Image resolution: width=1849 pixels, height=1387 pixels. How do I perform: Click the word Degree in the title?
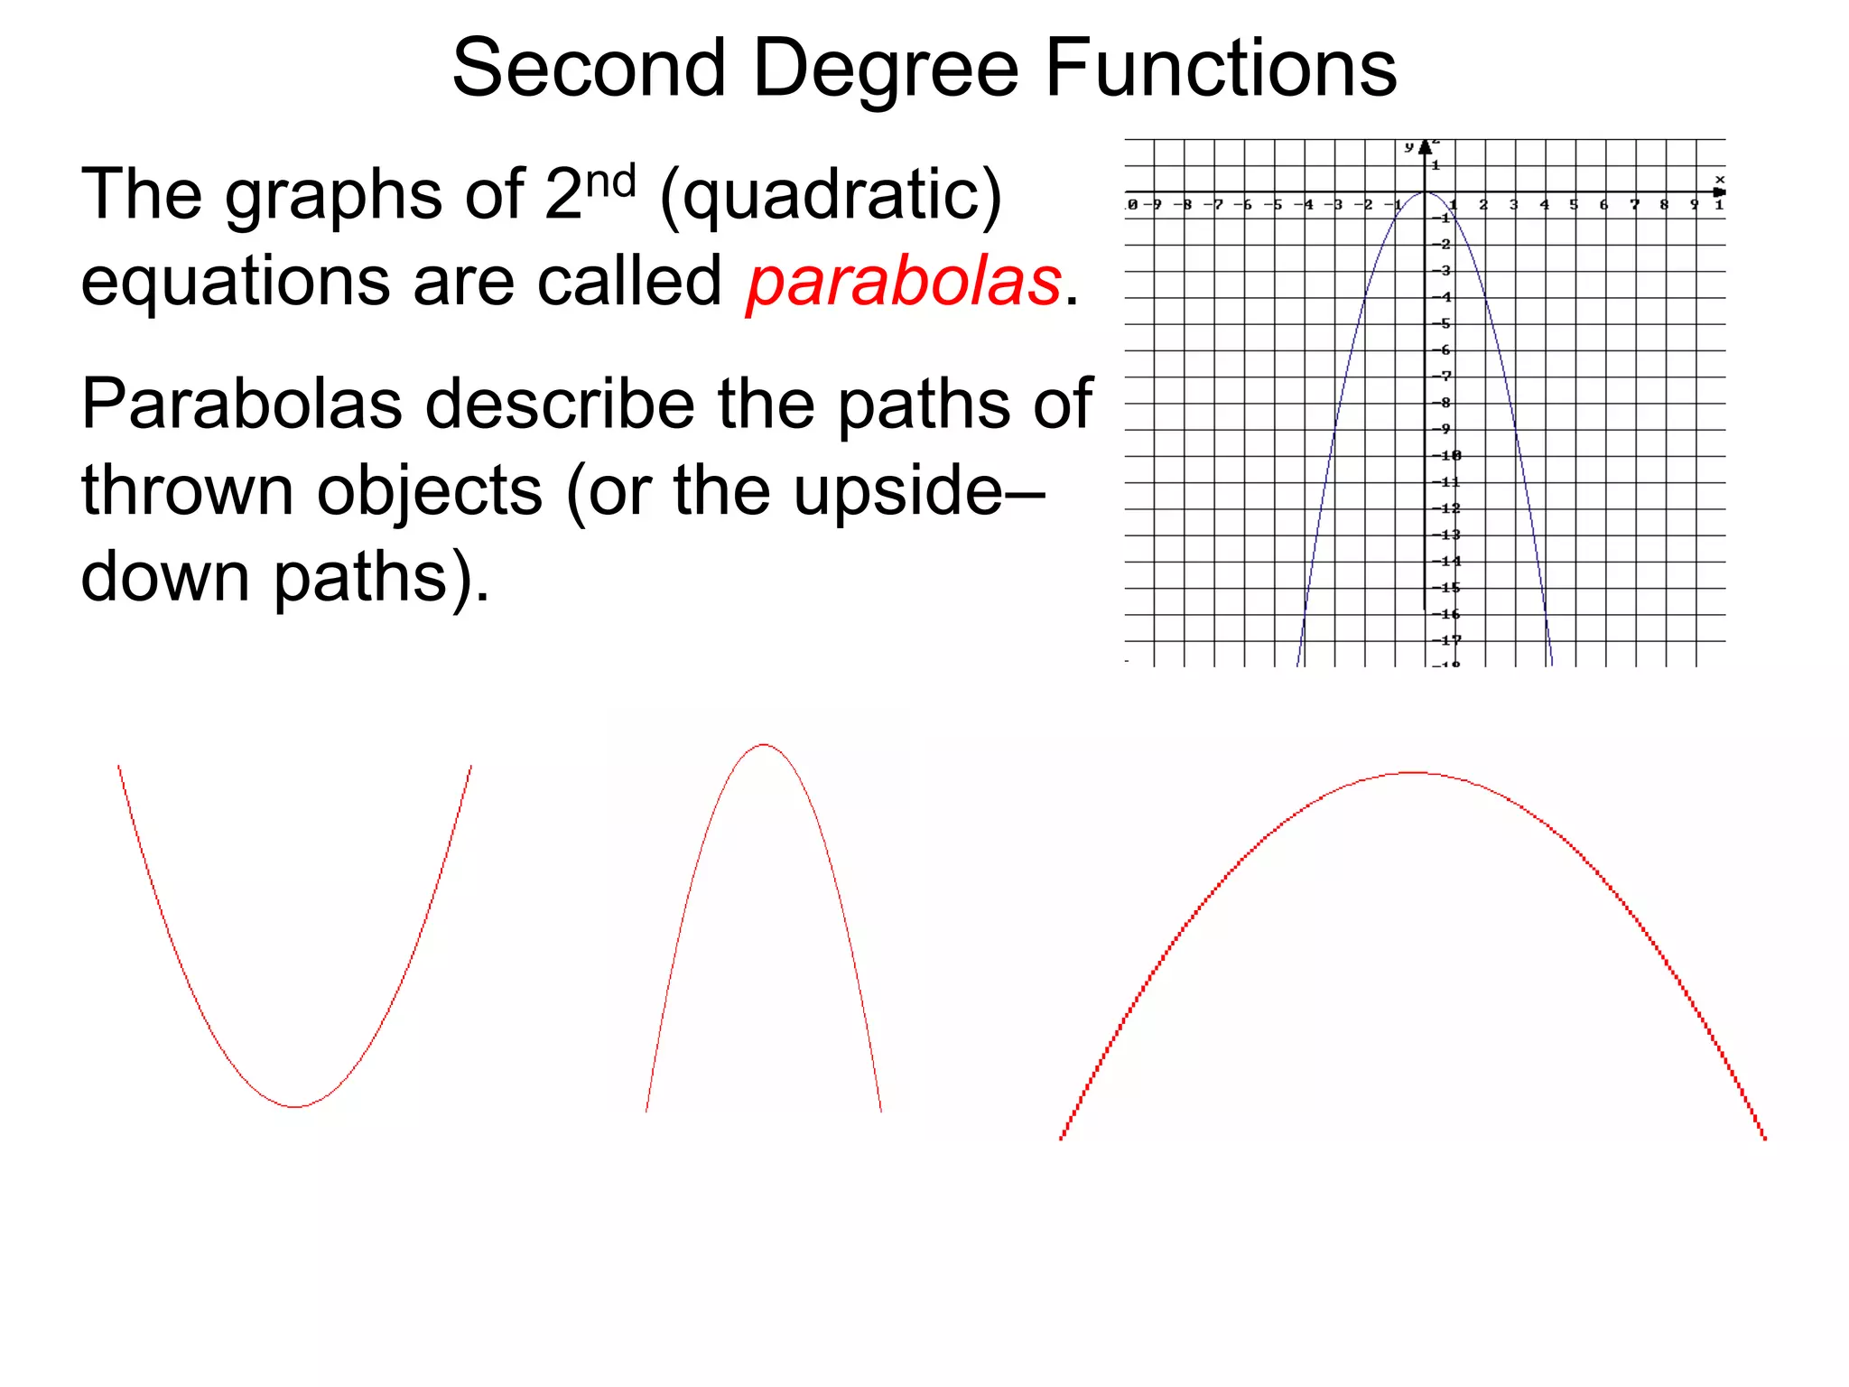click(x=885, y=70)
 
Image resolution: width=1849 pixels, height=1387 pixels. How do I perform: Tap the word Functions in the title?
click(x=1221, y=69)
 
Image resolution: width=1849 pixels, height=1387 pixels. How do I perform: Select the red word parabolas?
click(x=904, y=281)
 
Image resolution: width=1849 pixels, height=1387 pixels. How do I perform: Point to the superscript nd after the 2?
click(x=611, y=181)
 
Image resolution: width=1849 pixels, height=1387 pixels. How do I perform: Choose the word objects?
click(x=430, y=492)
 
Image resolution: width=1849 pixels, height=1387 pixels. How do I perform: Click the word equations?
click(x=235, y=283)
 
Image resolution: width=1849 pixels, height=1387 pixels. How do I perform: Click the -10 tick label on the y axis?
click(x=1446, y=455)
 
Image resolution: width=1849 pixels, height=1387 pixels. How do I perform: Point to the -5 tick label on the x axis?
click(x=1273, y=205)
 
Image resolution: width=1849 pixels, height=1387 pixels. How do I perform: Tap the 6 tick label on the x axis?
click(x=1603, y=205)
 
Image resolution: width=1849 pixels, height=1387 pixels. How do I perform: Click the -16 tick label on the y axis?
click(x=1446, y=614)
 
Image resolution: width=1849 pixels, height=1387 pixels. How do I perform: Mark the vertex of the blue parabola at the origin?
click(x=1426, y=192)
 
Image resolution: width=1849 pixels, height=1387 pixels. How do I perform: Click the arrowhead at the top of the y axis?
click(x=1426, y=146)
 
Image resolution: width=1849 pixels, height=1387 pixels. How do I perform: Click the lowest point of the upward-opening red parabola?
click(x=295, y=1106)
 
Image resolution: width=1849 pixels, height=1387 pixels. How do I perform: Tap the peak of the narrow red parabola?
click(x=764, y=745)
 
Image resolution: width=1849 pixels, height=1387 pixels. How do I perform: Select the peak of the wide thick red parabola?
click(x=1414, y=773)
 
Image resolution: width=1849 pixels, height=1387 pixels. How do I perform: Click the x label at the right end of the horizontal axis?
click(x=1719, y=180)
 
